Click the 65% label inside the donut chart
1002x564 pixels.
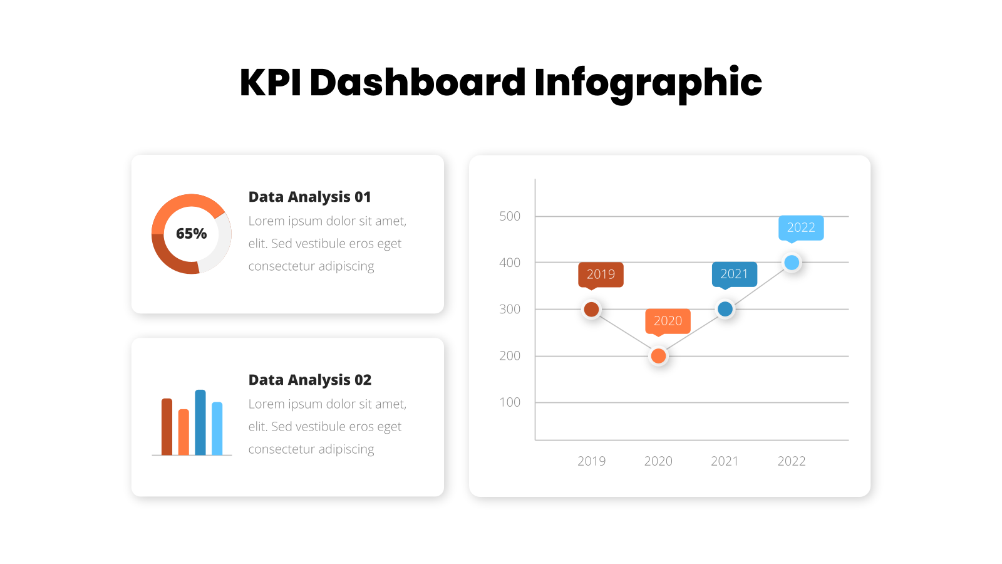pos(192,233)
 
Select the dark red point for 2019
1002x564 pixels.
pos(591,309)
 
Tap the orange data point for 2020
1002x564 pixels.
pos(658,356)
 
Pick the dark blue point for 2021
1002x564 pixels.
pos(725,309)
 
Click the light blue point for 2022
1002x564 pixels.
pos(792,263)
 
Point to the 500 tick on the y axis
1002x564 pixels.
pos(510,216)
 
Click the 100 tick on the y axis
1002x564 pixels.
pos(510,402)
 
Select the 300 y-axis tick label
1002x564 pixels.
pos(510,310)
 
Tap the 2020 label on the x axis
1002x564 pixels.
pos(658,461)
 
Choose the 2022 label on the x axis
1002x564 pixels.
pos(792,461)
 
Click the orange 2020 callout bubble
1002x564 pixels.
pos(668,322)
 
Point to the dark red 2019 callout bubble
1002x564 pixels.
pos(601,276)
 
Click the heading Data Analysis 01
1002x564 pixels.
pos(309,197)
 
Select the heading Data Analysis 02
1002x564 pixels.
pos(309,380)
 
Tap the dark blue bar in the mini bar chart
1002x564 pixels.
pos(200,422)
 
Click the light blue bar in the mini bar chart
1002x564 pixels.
pos(217,429)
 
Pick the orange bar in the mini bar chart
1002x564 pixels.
pos(183,432)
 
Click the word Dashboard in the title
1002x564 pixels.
pos(417,83)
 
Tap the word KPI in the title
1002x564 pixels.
pos(271,83)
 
